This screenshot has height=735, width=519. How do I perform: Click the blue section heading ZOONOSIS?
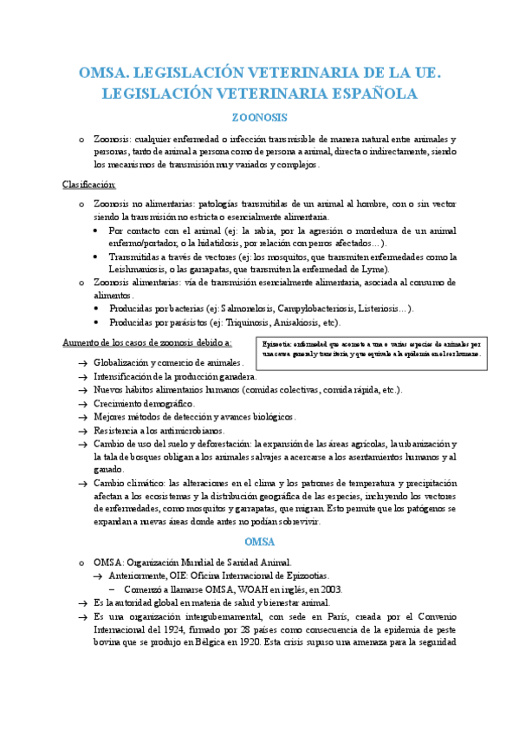pos(260,117)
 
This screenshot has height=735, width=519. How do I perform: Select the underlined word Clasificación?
pos(89,185)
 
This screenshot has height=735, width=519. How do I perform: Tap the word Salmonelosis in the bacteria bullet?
pos(249,307)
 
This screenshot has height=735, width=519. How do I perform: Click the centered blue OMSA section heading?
pos(260,543)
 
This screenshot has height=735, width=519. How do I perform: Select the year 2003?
pos(330,589)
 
